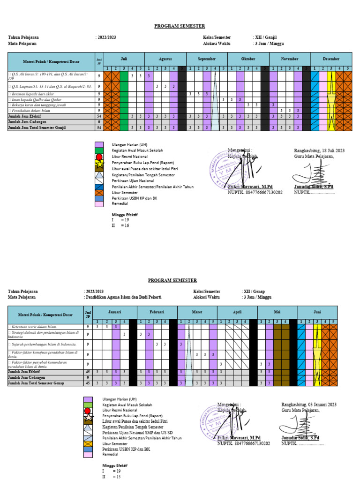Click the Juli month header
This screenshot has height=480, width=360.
click(x=124, y=59)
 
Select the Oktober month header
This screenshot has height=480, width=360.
click(x=248, y=59)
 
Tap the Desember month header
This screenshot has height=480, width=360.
click(x=331, y=59)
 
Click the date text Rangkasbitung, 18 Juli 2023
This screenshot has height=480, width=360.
click(x=319, y=150)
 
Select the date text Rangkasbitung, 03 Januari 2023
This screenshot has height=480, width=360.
click(x=309, y=404)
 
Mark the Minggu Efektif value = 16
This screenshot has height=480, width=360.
click(x=124, y=225)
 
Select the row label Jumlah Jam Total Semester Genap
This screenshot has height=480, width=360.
click(x=36, y=383)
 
